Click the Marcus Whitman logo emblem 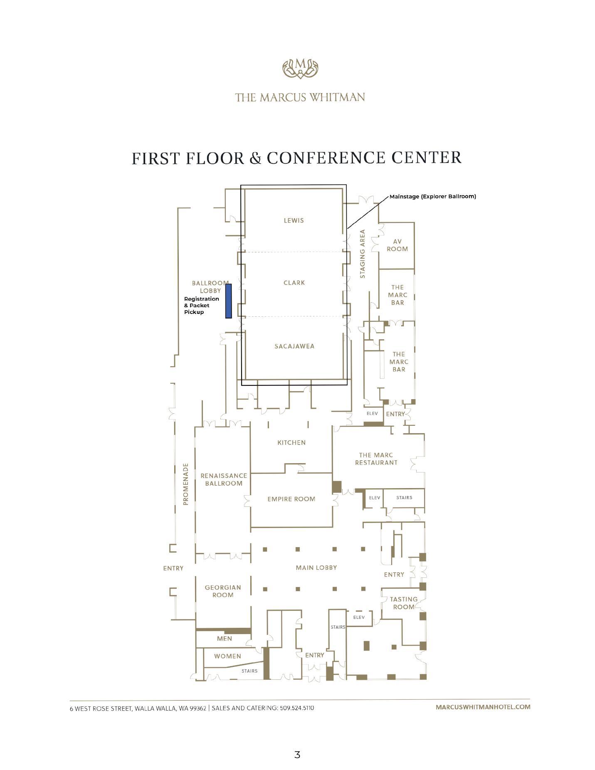(x=300, y=69)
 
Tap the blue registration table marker (x=228, y=301)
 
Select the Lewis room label (x=294, y=220)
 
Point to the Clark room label (x=294, y=283)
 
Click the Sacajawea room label (x=294, y=346)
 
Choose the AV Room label (x=397, y=245)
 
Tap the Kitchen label (x=291, y=442)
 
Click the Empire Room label (x=291, y=499)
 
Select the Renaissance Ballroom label (x=224, y=479)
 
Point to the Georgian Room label (x=223, y=591)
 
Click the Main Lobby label (x=316, y=568)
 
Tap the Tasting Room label (x=403, y=603)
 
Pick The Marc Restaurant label (x=376, y=459)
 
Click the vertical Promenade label (x=186, y=484)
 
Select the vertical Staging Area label (x=362, y=254)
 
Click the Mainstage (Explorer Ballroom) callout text (x=432, y=196)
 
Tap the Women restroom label (x=227, y=656)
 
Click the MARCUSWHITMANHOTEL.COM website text (x=483, y=707)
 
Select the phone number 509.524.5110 (x=297, y=708)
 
